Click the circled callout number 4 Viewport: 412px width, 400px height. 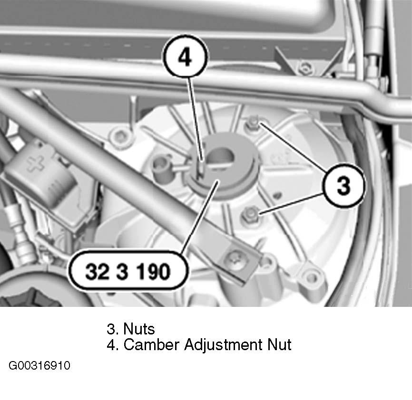pos(185,57)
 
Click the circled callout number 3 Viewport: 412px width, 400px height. pos(344,185)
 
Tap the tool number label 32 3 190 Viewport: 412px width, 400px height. pos(128,271)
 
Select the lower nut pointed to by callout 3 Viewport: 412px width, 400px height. pos(249,215)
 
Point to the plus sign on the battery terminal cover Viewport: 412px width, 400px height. pos(36,163)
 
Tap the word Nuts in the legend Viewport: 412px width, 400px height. pos(139,329)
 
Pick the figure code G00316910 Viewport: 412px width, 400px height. pos(39,366)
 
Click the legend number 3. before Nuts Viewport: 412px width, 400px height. pos(112,329)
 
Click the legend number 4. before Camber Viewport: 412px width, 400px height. pos(112,345)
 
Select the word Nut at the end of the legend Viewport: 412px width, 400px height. pos(280,345)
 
